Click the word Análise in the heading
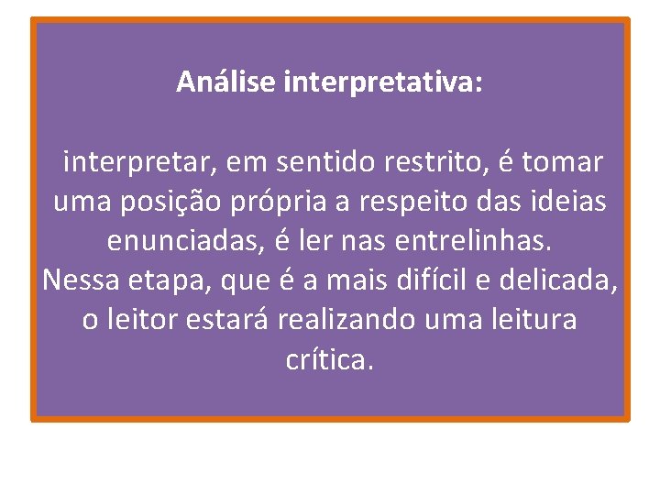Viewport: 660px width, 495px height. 227,82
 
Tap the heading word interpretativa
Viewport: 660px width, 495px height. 384,83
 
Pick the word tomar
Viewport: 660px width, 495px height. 563,163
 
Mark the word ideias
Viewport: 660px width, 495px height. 566,202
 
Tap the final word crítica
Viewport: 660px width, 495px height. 330,360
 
